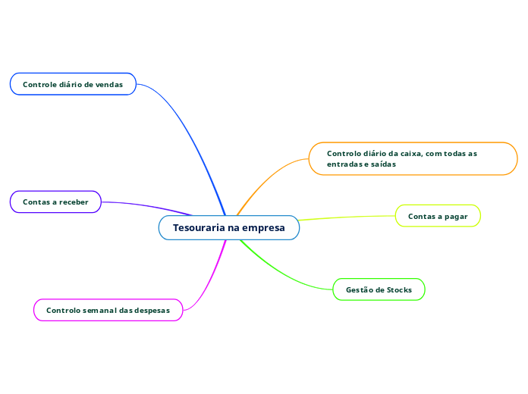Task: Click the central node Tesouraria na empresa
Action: [228, 227]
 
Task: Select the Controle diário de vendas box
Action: [73, 84]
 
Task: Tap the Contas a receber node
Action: [55, 202]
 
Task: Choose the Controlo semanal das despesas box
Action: [108, 310]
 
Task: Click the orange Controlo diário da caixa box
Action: [413, 158]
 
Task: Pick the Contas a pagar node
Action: [438, 216]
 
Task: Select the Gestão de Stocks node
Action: [379, 289]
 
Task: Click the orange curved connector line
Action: [266, 180]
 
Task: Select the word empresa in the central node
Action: [264, 227]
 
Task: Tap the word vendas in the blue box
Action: [109, 84]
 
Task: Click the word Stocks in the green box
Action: [399, 289]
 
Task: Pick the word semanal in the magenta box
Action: [94, 310]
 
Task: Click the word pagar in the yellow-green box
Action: [456, 216]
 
